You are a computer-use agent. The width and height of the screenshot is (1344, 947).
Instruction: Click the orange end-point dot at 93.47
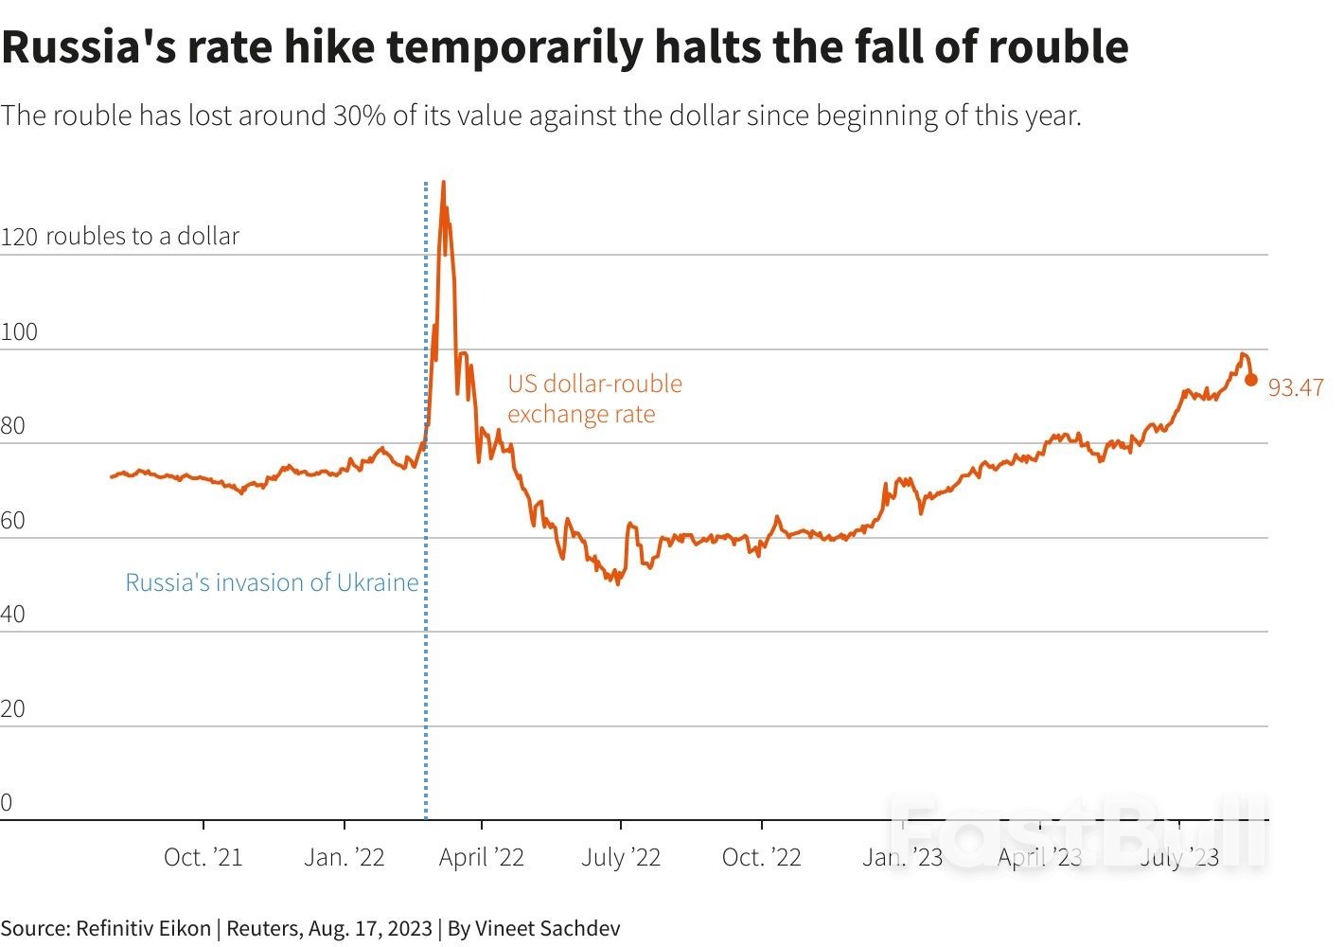(x=1250, y=380)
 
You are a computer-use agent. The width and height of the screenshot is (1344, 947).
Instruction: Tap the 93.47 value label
(x=1296, y=387)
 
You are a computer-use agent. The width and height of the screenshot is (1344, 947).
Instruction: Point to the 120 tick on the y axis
(x=19, y=237)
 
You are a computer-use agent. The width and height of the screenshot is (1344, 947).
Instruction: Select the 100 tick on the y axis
(x=19, y=332)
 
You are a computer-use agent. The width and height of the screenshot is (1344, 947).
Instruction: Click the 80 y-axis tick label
(x=13, y=426)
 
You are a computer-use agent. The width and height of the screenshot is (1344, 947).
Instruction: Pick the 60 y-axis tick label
(x=13, y=521)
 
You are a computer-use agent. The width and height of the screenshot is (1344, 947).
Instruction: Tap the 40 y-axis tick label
(x=13, y=615)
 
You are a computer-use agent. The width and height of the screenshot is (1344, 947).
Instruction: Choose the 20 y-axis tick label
(x=13, y=709)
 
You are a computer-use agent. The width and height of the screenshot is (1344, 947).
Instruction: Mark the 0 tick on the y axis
(x=7, y=803)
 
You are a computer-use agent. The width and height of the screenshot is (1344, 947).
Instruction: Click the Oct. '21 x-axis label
(x=203, y=857)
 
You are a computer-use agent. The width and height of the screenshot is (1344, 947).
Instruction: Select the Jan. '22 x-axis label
(x=344, y=857)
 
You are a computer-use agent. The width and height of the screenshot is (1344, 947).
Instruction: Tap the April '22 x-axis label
(x=481, y=857)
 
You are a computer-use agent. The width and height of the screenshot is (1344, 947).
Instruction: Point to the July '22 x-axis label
(x=620, y=857)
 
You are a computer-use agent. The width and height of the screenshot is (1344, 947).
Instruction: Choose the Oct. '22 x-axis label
(x=761, y=857)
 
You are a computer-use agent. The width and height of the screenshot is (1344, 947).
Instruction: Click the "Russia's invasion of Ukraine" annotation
(x=272, y=582)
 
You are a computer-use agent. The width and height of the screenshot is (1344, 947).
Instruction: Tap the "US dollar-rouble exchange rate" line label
(x=594, y=399)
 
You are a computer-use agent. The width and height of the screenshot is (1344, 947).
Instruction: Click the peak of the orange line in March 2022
(x=443, y=182)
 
